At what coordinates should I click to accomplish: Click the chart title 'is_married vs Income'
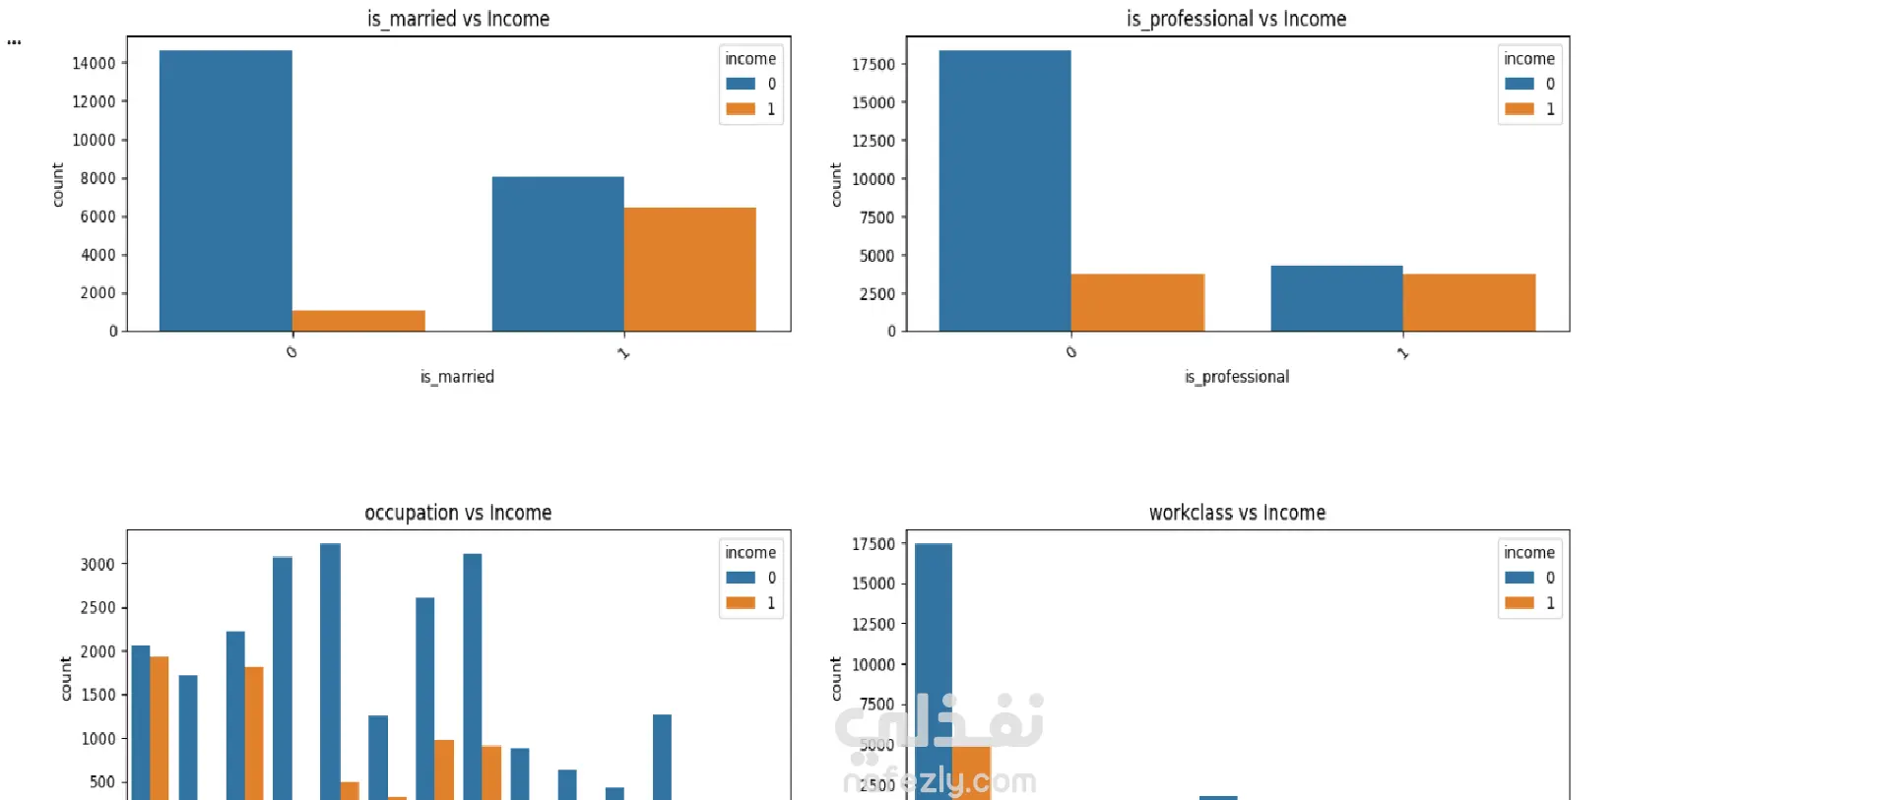pyautogui.click(x=458, y=19)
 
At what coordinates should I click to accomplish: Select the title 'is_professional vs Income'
pyautogui.click(x=1236, y=19)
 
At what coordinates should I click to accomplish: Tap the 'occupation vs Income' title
pyautogui.click(x=458, y=513)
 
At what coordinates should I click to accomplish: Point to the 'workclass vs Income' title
pyautogui.click(x=1237, y=513)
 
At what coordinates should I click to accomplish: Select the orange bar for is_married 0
pyautogui.click(x=358, y=321)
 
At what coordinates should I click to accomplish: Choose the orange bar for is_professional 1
pyautogui.click(x=1468, y=302)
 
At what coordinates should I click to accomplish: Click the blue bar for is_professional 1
pyautogui.click(x=1336, y=298)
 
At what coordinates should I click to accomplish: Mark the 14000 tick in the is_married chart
pyautogui.click(x=94, y=63)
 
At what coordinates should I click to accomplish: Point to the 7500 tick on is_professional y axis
pyautogui.click(x=876, y=217)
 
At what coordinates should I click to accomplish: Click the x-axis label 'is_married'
pyautogui.click(x=457, y=377)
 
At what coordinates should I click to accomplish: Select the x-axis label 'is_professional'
pyautogui.click(x=1236, y=377)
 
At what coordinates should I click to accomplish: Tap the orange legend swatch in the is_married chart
pyautogui.click(x=741, y=109)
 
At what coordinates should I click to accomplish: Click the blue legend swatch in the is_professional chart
pyautogui.click(x=1520, y=84)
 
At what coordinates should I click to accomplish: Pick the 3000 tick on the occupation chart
pyautogui.click(x=97, y=565)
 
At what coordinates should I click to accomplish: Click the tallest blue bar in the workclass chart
pyautogui.click(x=933, y=669)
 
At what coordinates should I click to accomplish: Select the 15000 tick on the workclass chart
pyautogui.click(x=873, y=584)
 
